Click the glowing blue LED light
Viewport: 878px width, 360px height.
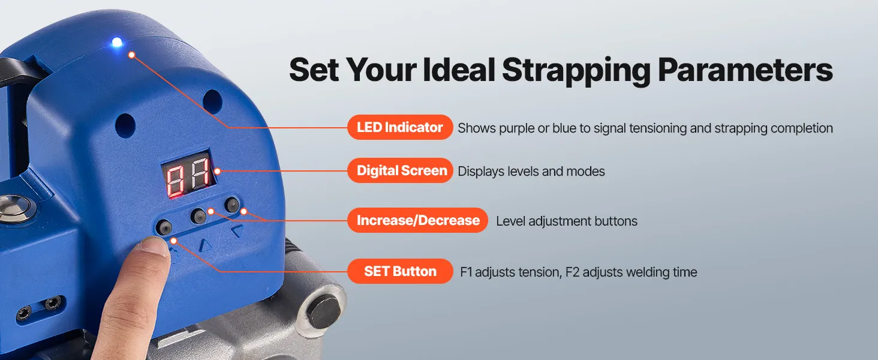coord(117,42)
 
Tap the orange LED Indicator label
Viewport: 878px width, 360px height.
coord(400,127)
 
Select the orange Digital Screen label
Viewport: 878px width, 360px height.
coord(400,170)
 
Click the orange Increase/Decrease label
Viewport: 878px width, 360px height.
coord(417,220)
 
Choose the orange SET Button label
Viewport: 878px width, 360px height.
coord(400,271)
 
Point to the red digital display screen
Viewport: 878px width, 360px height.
coord(189,174)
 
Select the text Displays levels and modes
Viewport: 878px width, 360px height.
coord(531,172)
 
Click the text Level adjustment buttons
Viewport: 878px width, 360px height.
coord(566,221)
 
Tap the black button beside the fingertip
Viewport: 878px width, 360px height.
coord(164,227)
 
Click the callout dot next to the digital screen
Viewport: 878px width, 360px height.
coord(217,171)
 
